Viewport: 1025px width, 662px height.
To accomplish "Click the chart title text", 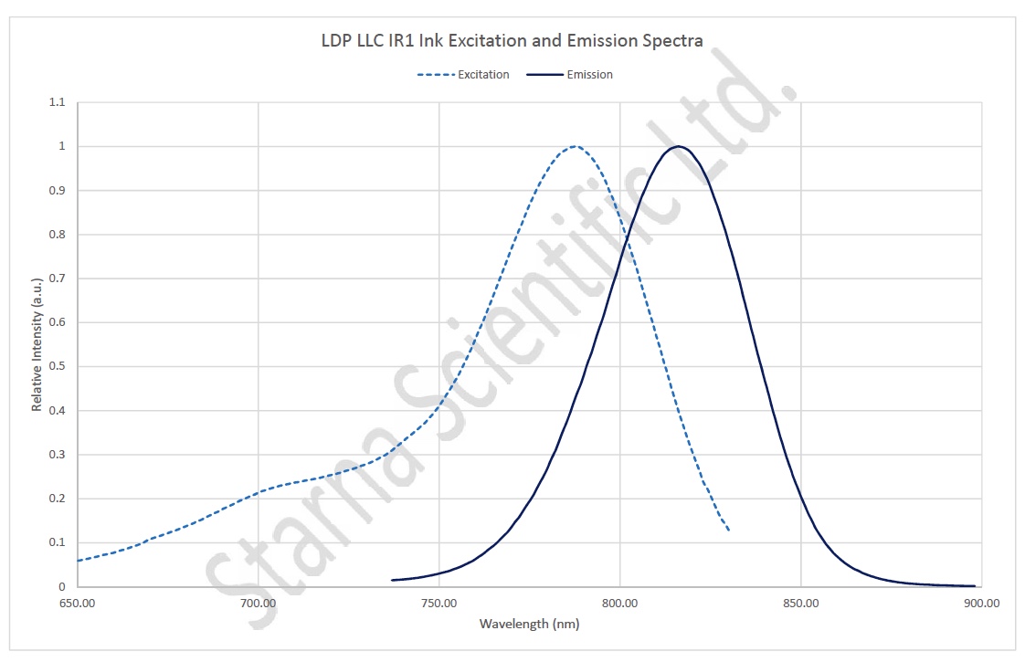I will point(512,41).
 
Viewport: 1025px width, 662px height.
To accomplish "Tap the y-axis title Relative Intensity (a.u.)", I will point(37,344).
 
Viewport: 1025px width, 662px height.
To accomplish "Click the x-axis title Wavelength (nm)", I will point(529,624).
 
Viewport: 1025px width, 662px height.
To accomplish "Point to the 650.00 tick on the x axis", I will point(78,603).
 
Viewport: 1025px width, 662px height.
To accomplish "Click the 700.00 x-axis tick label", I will point(259,603).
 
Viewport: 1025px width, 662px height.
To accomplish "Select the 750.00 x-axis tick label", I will point(439,603).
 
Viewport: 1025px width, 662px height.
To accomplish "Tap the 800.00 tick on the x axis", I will point(620,603).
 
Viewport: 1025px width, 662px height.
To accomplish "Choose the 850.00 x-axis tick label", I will point(801,603).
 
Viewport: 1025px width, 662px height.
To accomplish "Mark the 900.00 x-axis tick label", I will point(981,603).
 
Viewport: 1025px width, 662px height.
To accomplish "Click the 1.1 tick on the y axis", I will point(58,102).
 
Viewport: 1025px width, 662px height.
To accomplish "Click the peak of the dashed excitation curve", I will point(574,146).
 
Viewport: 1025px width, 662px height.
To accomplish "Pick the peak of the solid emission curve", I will point(677,146).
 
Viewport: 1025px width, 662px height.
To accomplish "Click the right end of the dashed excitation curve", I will point(728,530).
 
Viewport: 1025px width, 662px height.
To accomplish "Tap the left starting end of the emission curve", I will point(392,580).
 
